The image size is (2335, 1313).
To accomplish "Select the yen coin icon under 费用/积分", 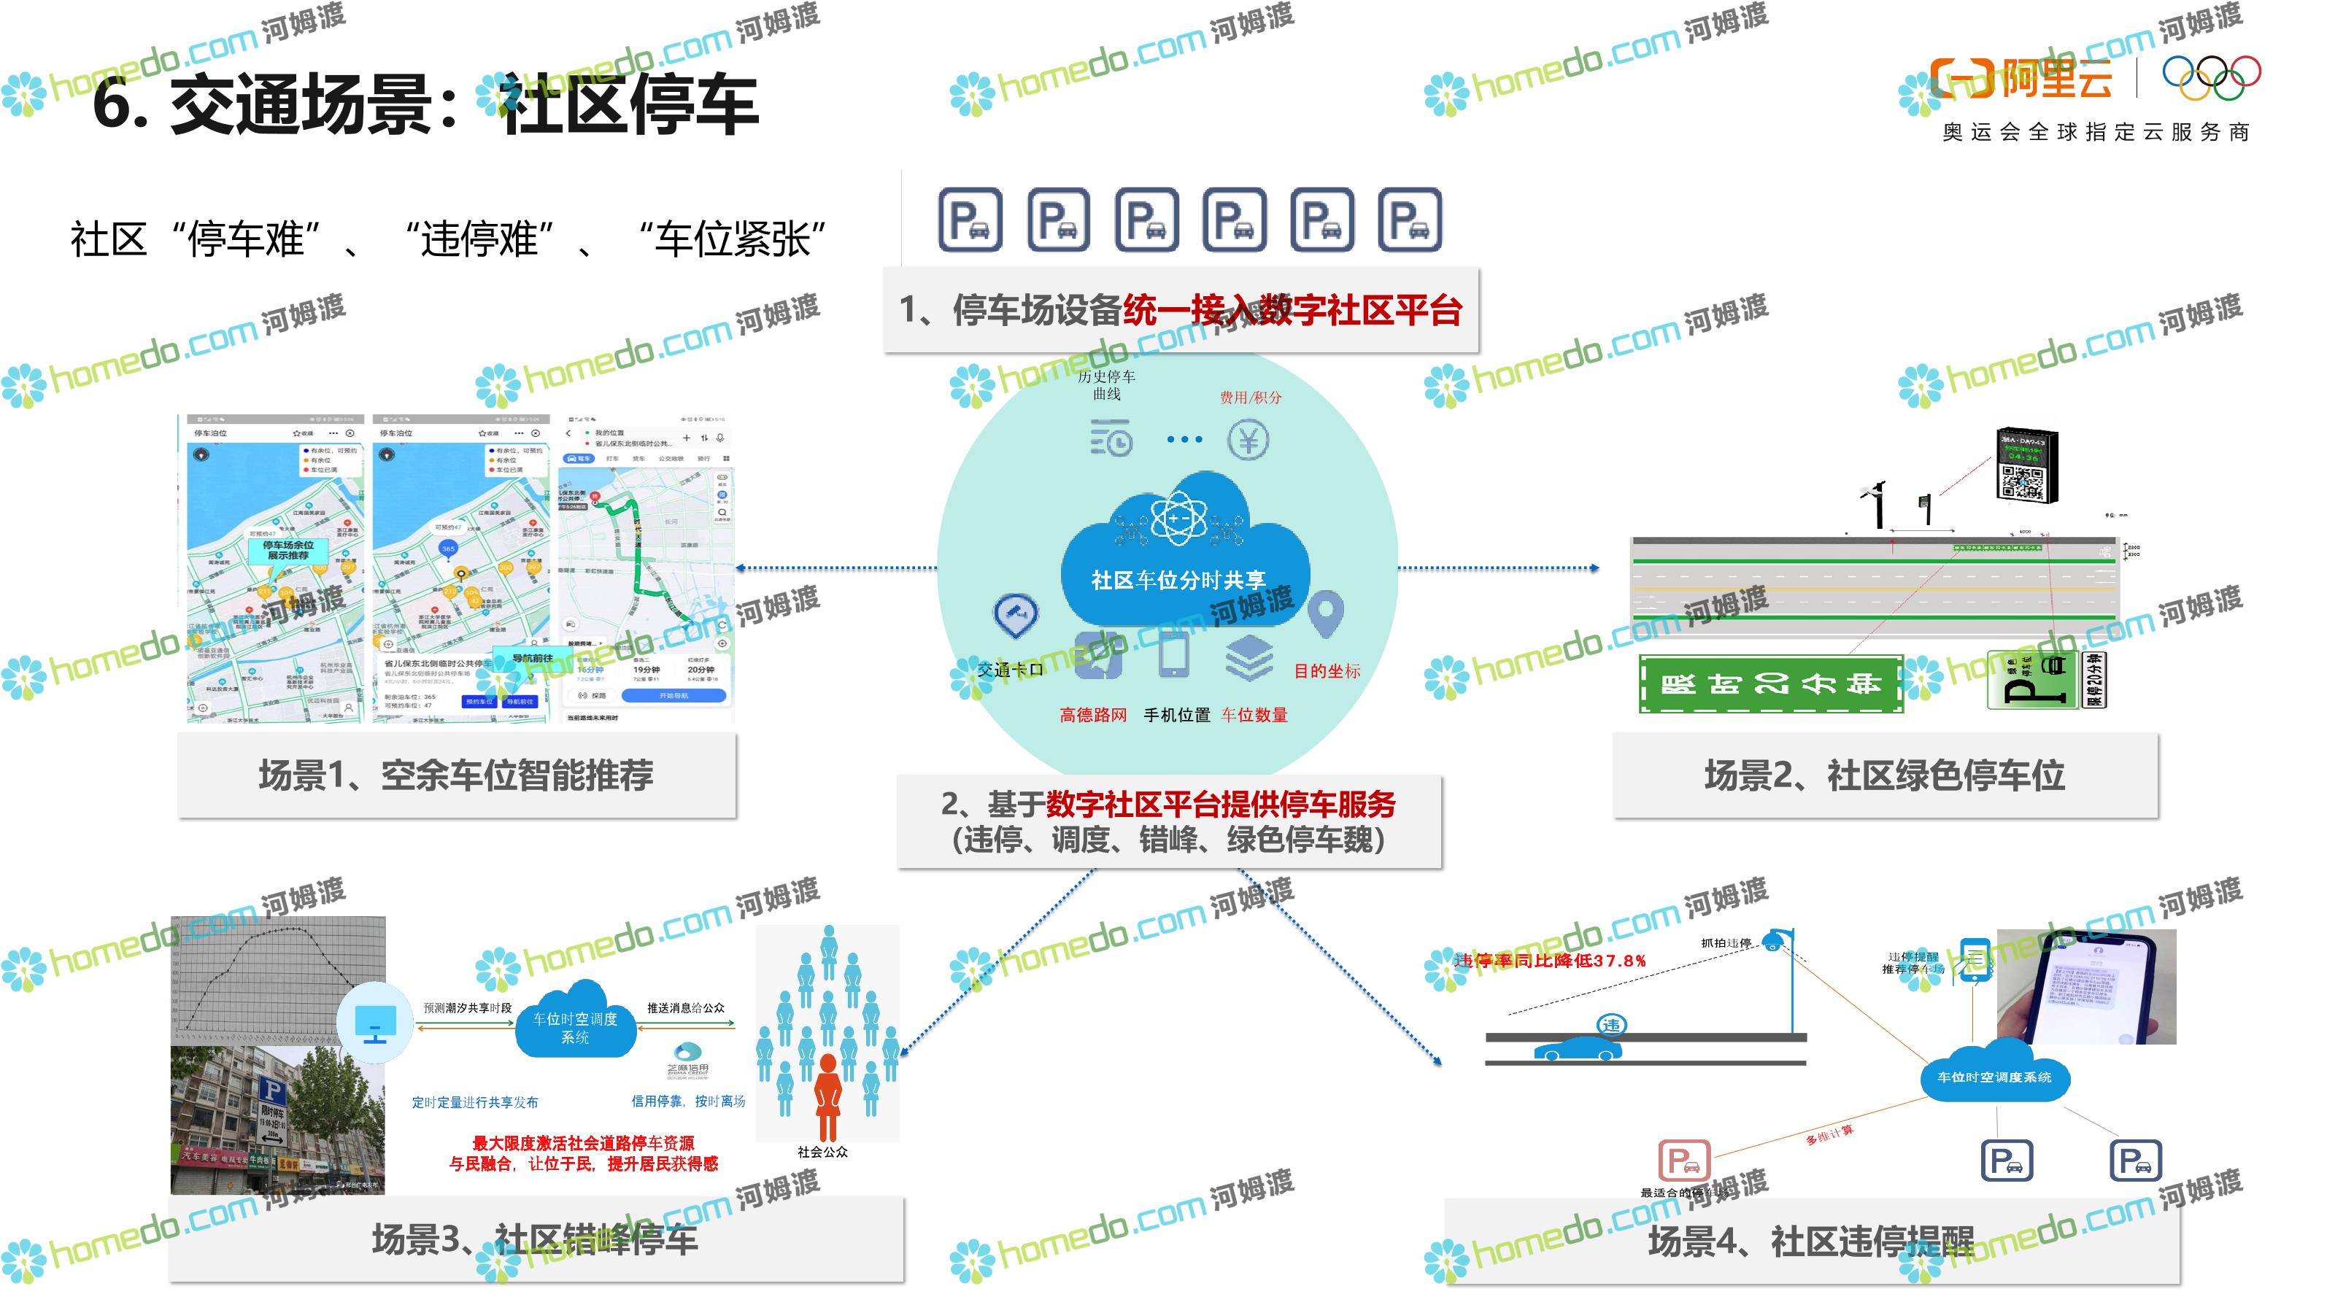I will coord(1248,441).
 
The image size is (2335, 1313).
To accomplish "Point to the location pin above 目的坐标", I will coord(1325,613).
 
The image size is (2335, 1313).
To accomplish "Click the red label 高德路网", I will coord(1093,715).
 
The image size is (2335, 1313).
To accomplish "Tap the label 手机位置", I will coord(1176,715).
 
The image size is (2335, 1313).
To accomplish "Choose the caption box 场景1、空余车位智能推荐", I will coord(456,775).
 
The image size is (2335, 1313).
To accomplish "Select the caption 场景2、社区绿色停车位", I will coord(1885,775).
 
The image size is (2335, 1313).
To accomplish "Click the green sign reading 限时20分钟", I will coord(1770,684).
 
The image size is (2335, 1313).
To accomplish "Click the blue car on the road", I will coord(1577,1050).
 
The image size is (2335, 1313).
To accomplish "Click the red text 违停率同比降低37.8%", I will coord(1550,961).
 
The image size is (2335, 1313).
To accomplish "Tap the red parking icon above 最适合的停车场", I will coord(1683,1161).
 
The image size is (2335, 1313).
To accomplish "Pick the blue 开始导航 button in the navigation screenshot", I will coord(674,696).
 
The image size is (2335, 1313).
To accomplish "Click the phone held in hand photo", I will coord(2085,988).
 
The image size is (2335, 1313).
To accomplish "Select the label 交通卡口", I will coord(1010,670).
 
